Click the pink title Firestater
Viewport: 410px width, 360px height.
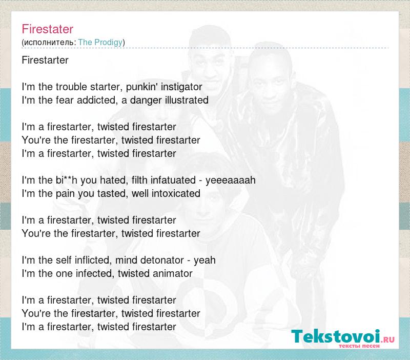47,29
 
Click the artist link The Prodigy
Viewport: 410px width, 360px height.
100,42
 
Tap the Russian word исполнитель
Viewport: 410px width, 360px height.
49,43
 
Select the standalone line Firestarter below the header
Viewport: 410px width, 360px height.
45,60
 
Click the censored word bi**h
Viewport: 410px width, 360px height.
67,180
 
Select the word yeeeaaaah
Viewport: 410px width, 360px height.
230,181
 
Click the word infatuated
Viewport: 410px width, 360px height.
173,180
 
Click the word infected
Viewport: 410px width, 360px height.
95,273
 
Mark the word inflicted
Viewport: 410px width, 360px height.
94,260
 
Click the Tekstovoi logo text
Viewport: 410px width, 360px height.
335,336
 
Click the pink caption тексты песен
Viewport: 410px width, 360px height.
359,346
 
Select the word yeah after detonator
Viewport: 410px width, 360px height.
204,261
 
